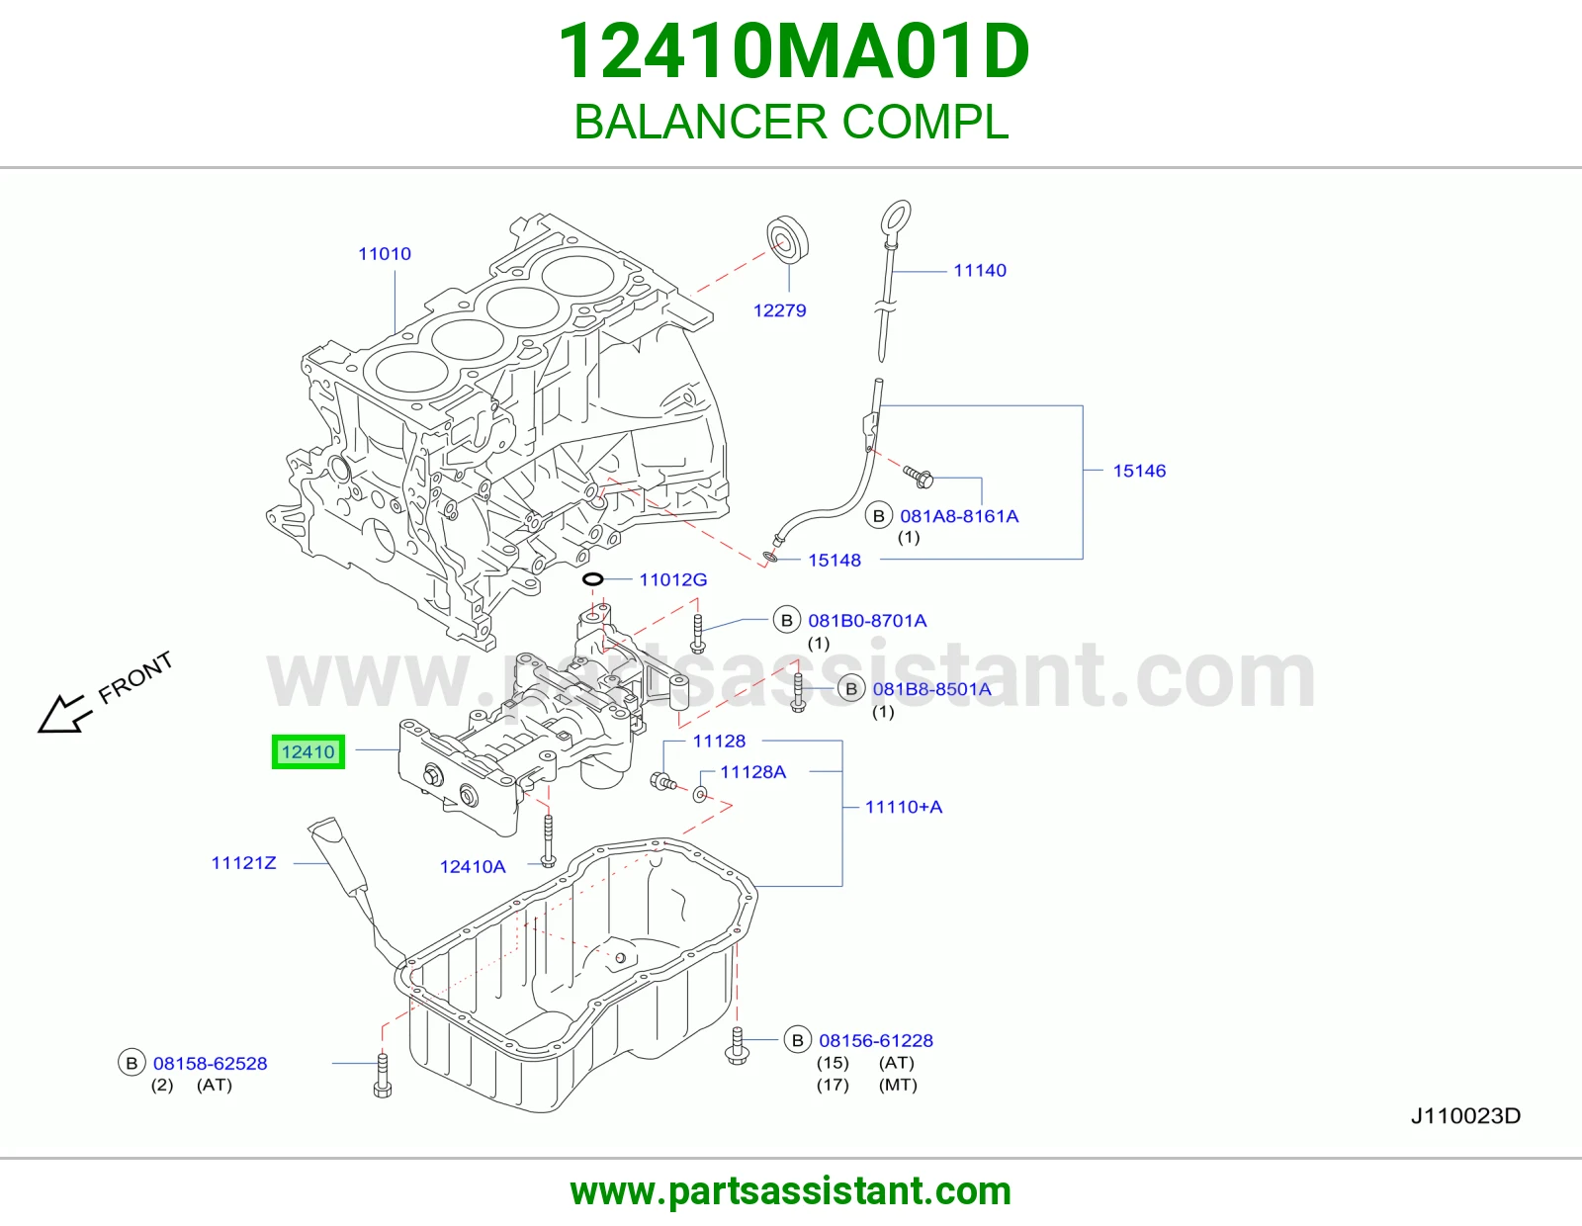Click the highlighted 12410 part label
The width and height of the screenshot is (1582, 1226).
308,752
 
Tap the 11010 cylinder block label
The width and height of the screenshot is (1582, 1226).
385,254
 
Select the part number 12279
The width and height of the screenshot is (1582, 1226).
780,310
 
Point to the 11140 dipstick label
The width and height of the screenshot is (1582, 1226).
980,271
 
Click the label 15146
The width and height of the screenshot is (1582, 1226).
1139,471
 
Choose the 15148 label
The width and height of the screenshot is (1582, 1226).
835,561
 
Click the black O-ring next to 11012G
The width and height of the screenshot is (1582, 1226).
592,579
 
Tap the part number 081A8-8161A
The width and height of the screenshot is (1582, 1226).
959,517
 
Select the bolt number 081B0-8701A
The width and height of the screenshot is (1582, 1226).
867,621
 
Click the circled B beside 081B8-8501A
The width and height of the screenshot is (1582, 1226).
851,689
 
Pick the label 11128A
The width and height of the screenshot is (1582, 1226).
752,772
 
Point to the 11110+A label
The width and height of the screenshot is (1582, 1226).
904,808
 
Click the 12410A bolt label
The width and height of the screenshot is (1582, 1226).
473,867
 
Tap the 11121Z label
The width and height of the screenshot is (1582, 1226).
244,863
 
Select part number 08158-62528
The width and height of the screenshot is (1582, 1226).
210,1064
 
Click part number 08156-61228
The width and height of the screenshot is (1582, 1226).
876,1041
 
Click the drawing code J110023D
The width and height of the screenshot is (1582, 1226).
1465,1116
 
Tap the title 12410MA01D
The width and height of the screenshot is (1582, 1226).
794,52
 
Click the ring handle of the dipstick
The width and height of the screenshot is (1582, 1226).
896,217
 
